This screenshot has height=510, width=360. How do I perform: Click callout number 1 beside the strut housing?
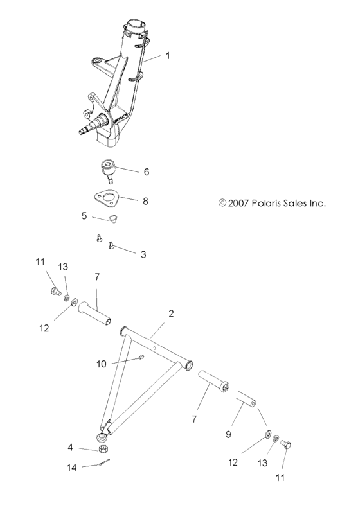tap(168, 56)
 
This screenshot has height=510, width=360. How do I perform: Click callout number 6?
tap(147, 171)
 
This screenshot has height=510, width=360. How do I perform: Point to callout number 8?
tap(145, 201)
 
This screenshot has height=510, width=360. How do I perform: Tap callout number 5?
tap(84, 216)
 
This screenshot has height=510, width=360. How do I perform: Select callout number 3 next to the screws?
tap(143, 254)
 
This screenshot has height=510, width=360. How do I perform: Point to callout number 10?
tap(101, 364)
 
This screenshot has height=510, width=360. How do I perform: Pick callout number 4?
tap(71, 448)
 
